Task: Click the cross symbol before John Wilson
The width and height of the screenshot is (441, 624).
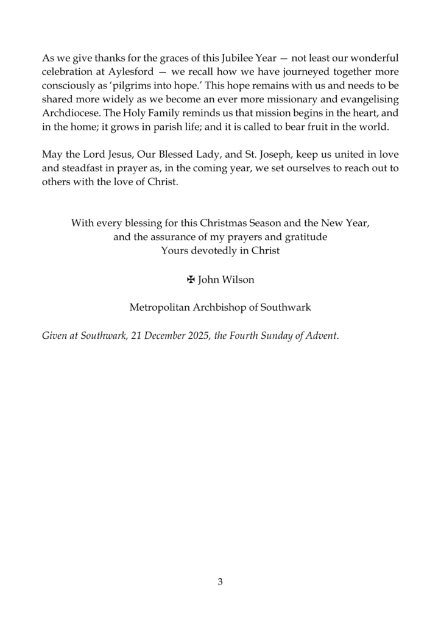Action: (x=190, y=280)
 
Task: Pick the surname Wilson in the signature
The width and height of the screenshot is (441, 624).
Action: (x=238, y=280)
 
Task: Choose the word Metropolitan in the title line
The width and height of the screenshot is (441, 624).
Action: (x=160, y=308)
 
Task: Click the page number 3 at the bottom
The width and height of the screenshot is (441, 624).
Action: (x=220, y=582)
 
